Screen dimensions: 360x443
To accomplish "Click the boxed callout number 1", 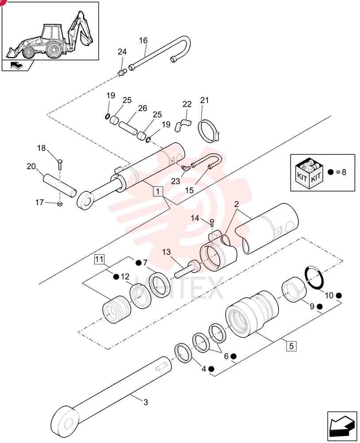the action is pos(158,191).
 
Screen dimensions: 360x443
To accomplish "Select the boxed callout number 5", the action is pos(291,346).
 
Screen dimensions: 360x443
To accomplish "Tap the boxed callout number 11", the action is pos(99,259).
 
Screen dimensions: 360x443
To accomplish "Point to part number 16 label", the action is pos(143,41).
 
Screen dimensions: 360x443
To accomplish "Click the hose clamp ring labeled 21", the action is pos(210,131).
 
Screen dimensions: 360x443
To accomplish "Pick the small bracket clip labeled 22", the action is pos(182,124).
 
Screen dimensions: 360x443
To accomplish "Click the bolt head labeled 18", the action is pos(60,162).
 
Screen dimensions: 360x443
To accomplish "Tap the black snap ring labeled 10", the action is pos(315,277).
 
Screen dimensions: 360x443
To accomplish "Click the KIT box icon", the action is pos(309,173).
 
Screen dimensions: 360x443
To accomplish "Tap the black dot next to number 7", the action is pos(138,263).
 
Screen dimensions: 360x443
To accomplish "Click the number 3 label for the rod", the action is pos(145,402).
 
